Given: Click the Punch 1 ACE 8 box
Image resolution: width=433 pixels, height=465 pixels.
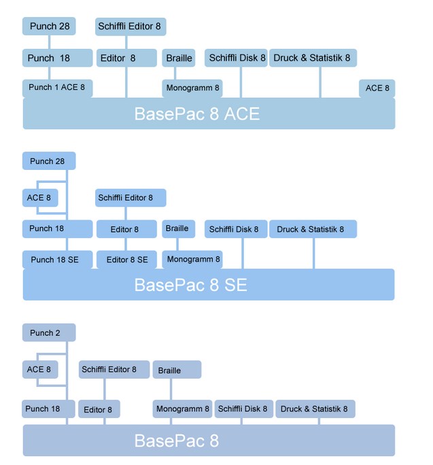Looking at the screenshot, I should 57,88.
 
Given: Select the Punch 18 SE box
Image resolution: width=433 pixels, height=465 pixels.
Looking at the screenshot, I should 57,260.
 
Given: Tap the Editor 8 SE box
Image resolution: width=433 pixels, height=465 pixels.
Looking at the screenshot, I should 127,260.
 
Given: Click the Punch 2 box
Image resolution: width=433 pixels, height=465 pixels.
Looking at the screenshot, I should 48,332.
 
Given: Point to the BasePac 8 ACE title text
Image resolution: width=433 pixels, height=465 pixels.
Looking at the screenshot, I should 197,113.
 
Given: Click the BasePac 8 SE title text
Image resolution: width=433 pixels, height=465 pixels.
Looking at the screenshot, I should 191,284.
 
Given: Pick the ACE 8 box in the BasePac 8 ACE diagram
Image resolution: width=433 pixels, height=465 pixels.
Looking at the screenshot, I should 377,88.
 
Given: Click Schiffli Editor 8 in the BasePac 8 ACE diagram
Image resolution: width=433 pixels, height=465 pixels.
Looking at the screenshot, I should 130,27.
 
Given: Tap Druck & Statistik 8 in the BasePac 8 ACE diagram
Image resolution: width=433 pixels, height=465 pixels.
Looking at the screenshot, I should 312,58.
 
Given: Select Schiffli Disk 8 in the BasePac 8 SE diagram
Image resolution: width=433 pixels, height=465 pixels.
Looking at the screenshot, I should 235,229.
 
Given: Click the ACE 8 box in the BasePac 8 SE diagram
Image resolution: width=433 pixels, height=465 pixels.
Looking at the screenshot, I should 39,198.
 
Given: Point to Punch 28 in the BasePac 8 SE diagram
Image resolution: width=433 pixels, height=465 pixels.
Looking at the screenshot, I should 48,161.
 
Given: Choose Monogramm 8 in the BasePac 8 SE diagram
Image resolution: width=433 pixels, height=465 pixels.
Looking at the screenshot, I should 192,259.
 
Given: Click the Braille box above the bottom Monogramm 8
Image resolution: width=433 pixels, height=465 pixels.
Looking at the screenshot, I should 176,370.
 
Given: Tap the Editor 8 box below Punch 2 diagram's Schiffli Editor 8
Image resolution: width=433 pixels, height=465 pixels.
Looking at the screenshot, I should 99,409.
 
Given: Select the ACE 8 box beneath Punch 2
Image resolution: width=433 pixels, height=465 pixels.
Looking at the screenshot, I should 39,370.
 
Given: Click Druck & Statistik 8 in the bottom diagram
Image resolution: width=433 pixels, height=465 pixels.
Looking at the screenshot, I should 314,409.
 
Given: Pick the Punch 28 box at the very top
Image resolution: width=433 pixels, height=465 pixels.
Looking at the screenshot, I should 48,27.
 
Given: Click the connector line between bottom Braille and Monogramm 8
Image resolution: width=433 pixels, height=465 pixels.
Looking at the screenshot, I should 170,389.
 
